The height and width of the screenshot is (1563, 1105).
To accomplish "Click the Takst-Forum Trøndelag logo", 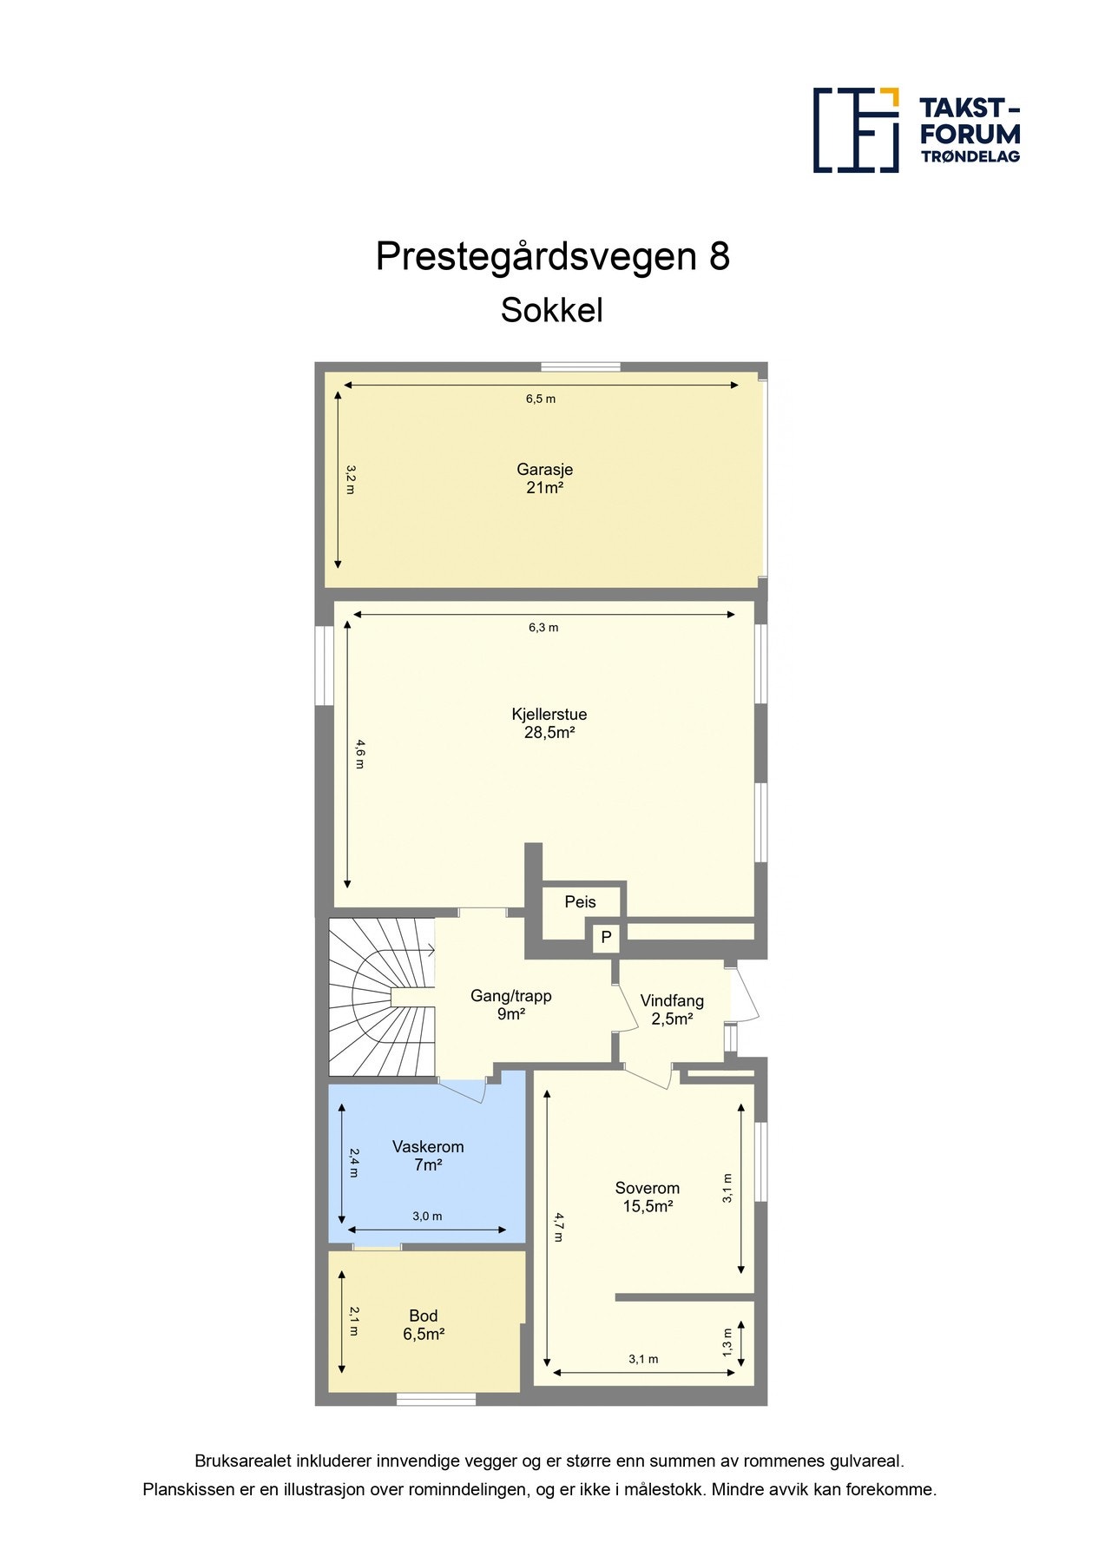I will tap(916, 130).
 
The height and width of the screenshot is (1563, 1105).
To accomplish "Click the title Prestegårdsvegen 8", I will tap(552, 257).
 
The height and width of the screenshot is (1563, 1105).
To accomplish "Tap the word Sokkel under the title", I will tap(551, 311).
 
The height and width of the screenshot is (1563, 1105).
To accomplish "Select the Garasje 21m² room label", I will tap(544, 478).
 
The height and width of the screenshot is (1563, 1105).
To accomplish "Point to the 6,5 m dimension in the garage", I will tap(540, 399).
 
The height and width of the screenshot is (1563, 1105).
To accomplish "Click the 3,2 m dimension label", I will tap(350, 479).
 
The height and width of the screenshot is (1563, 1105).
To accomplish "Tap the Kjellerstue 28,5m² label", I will tap(549, 723).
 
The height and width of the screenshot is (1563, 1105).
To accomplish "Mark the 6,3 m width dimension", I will tap(543, 628).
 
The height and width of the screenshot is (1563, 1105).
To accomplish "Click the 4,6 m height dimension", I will tap(359, 753).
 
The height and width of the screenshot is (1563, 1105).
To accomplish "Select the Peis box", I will tap(580, 902).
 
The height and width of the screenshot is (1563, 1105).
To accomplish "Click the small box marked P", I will tap(606, 938).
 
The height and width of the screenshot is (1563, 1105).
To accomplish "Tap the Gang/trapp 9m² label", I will tap(510, 1005).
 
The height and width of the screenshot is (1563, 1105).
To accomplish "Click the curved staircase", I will tap(378, 999).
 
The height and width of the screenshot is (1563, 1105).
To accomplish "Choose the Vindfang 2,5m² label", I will tap(672, 1010).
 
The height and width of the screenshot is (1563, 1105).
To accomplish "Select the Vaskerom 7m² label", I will tap(428, 1156).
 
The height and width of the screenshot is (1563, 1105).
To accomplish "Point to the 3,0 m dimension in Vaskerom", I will tap(427, 1217).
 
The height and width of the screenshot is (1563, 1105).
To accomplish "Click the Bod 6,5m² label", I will tap(424, 1325).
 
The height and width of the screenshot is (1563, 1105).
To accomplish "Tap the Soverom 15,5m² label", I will tap(648, 1197).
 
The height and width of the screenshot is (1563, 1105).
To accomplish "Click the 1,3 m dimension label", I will tap(727, 1342).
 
